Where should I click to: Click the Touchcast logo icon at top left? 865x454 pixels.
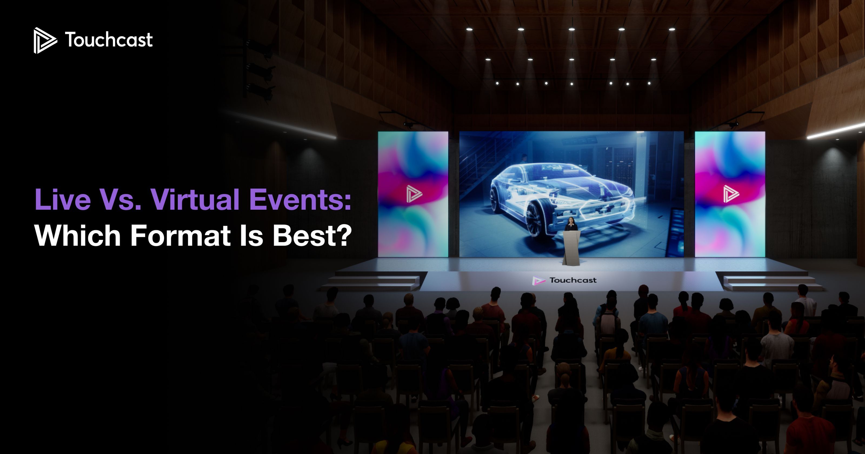[44, 40]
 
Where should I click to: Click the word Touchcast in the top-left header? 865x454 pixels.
[108, 40]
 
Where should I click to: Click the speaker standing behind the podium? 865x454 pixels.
[571, 224]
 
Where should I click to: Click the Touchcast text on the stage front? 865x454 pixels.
[573, 280]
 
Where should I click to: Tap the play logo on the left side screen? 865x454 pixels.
[414, 194]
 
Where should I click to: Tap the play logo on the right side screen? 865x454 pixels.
[731, 194]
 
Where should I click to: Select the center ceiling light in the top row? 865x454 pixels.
[571, 29]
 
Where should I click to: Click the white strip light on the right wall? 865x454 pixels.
[836, 131]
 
